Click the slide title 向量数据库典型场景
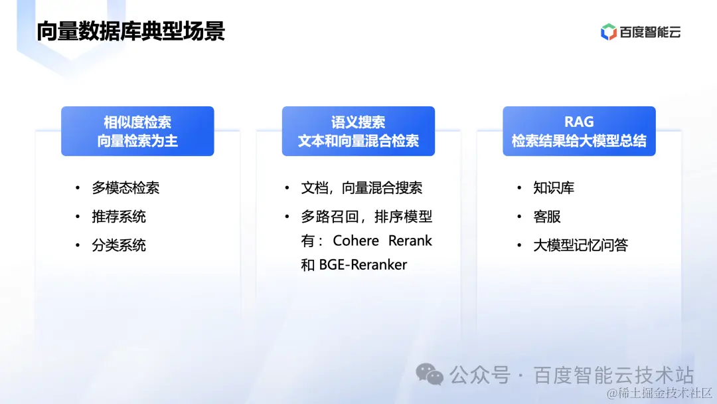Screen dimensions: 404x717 pyautogui.click(x=131, y=31)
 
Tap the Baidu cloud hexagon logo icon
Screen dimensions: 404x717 pyautogui.click(x=608, y=32)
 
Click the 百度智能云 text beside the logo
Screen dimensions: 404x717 pyautogui.click(x=650, y=32)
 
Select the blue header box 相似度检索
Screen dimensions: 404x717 pyautogui.click(x=137, y=131)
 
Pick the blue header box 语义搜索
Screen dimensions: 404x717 pyautogui.click(x=358, y=131)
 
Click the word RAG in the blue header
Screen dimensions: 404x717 pyautogui.click(x=579, y=122)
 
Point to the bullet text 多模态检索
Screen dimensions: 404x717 pyautogui.click(x=125, y=188)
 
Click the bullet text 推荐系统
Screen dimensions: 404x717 pyautogui.click(x=119, y=217)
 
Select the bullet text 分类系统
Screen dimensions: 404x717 pyautogui.click(x=119, y=245)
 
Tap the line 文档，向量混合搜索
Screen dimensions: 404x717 pyautogui.click(x=362, y=188)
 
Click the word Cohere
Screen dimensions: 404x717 pyautogui.click(x=356, y=241)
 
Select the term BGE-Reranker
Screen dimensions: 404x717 pyautogui.click(x=363, y=265)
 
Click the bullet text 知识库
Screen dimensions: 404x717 pyautogui.click(x=554, y=188)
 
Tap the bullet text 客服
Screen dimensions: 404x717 pyautogui.click(x=547, y=217)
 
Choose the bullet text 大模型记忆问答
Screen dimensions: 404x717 pyautogui.click(x=580, y=245)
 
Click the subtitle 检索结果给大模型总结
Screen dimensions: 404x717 pyautogui.click(x=579, y=141)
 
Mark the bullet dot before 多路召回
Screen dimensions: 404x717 pyautogui.click(x=287, y=217)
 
